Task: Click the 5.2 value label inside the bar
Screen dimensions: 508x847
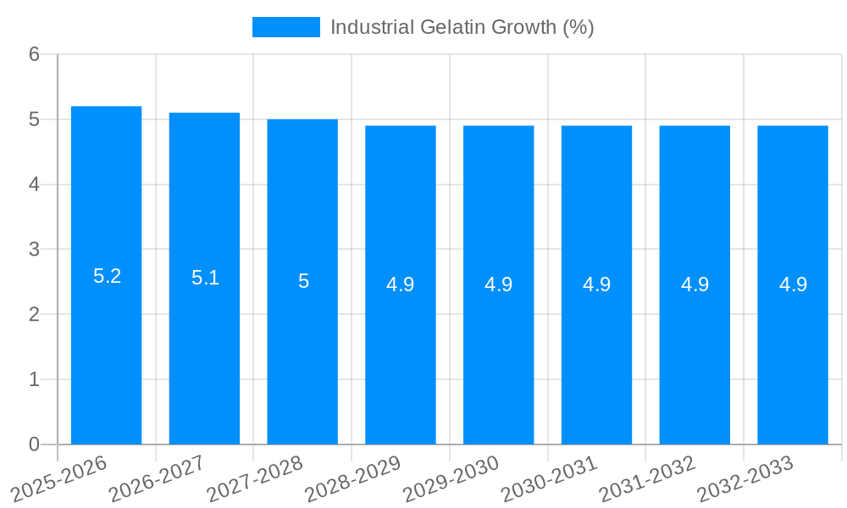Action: tap(107, 276)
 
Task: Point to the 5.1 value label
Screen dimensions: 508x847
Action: tap(205, 278)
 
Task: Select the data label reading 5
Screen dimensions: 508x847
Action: tap(303, 281)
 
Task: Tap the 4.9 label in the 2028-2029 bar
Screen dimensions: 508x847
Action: tap(401, 284)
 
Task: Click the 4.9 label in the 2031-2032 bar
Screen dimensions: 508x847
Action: tap(695, 284)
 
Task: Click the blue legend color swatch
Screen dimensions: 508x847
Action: tap(286, 27)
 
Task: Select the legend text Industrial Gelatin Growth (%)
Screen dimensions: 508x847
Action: tap(462, 27)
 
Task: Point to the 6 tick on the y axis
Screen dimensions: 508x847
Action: tap(34, 54)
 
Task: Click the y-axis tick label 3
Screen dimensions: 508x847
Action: tap(34, 250)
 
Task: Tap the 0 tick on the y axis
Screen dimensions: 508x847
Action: tap(34, 444)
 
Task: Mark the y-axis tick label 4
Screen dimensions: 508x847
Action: tap(34, 185)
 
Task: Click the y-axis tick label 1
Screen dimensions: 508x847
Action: tap(34, 379)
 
